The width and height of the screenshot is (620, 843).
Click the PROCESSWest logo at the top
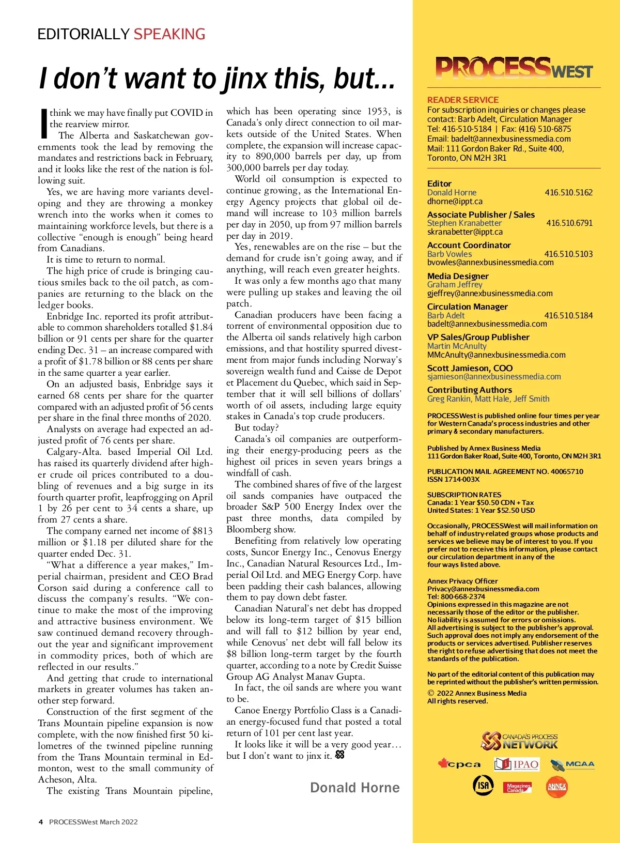(x=514, y=68)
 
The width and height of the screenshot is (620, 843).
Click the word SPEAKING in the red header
(x=169, y=34)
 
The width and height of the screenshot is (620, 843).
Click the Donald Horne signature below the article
(x=355, y=788)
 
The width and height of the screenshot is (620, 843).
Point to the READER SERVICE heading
(x=463, y=100)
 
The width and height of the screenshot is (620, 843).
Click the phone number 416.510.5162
(x=568, y=192)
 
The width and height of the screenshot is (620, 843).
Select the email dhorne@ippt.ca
(x=455, y=201)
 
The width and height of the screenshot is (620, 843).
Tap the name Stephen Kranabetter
(x=464, y=223)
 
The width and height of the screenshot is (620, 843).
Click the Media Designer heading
(x=458, y=276)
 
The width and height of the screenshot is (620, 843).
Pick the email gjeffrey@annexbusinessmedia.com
(x=490, y=293)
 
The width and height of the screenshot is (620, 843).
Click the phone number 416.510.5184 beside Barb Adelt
(x=568, y=315)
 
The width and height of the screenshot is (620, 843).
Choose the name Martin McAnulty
(x=457, y=346)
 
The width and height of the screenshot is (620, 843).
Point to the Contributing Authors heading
(x=470, y=390)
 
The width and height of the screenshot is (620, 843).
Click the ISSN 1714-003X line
(x=453, y=479)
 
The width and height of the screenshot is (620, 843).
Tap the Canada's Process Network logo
(x=519, y=741)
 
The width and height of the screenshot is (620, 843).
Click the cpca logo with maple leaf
(x=459, y=764)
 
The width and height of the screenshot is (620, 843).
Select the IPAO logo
(x=516, y=764)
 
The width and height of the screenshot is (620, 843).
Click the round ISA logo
(x=483, y=785)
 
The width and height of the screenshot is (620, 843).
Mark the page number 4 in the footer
(x=40, y=822)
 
